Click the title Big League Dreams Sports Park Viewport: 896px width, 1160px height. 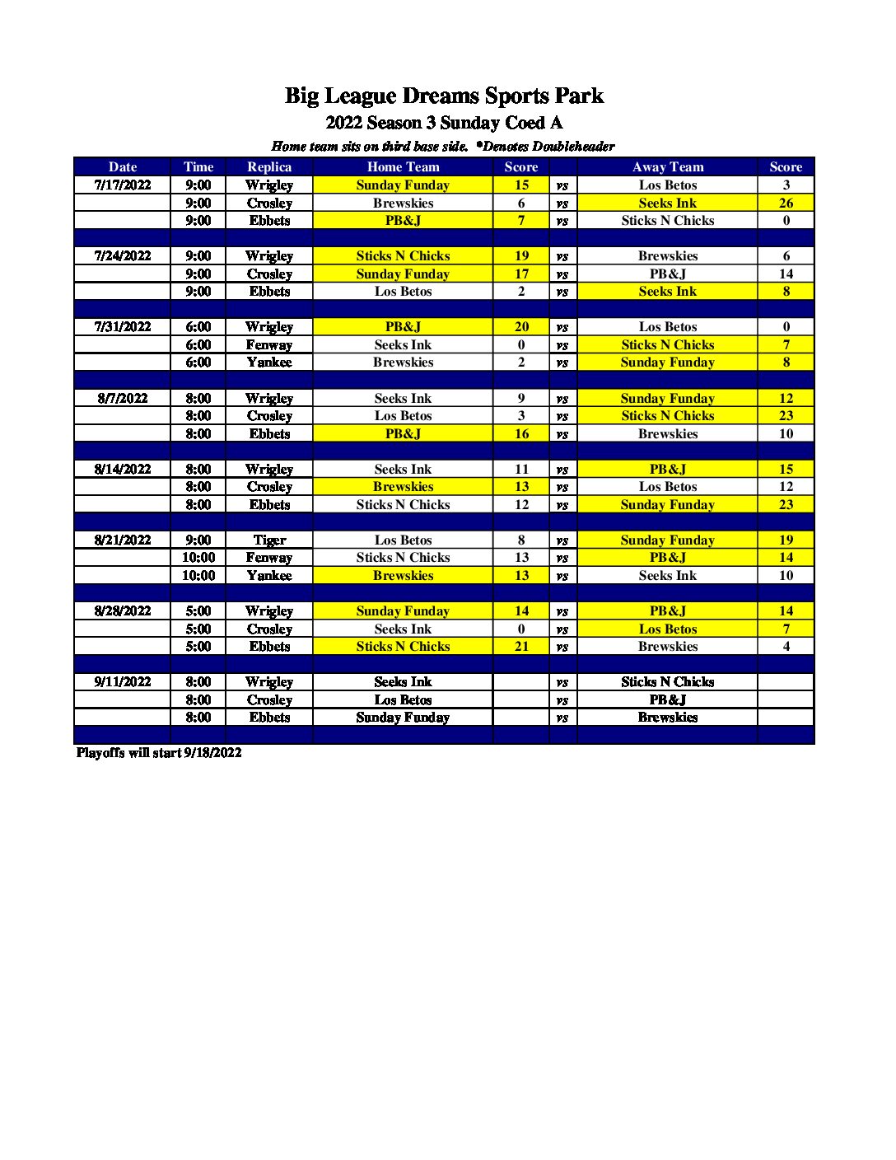[444, 96]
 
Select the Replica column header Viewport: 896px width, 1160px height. [269, 167]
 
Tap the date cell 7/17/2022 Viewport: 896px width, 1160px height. [123, 185]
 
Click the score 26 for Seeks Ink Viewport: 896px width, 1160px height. [786, 203]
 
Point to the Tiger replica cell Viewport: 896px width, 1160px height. [269, 540]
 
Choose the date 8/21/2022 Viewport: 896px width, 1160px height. [123, 540]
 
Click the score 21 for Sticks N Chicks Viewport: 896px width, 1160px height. [521, 647]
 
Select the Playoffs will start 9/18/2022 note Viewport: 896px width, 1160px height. [159, 753]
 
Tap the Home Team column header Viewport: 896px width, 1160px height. [403, 167]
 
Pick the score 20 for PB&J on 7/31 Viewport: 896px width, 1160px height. [521, 327]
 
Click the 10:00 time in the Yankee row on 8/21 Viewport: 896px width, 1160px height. [198, 576]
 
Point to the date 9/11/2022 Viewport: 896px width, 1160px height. [123, 682]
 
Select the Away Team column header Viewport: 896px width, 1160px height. [667, 167]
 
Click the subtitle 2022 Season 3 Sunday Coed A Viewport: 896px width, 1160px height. [444, 124]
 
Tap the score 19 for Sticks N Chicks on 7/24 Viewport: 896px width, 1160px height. [521, 256]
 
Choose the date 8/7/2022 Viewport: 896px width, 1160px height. [123, 399]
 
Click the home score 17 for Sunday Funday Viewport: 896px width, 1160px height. [521, 274]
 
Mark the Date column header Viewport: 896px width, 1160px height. [123, 167]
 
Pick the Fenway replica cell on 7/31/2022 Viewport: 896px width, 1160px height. [269, 345]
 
